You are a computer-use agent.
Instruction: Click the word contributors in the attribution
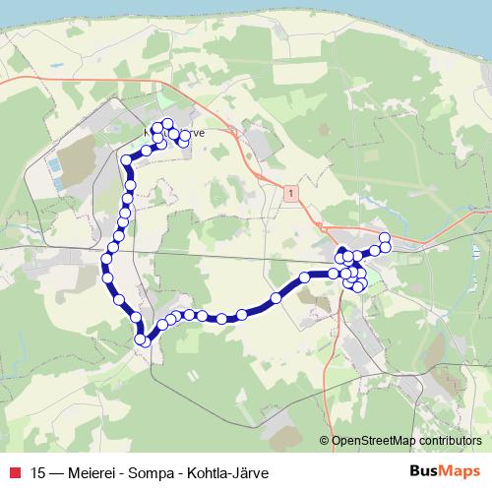pyautogui.click(x=449, y=441)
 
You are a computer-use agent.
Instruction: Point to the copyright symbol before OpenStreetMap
pyautogui.click(x=325, y=441)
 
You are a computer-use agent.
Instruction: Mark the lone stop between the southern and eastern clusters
pyautogui.click(x=276, y=297)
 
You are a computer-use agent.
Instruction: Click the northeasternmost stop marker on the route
pyautogui.click(x=385, y=237)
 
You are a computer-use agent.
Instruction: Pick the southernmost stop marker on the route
pyautogui.click(x=143, y=340)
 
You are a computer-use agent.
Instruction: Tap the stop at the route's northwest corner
pyautogui.click(x=126, y=159)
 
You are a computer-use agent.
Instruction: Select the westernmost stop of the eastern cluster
pyautogui.click(x=305, y=278)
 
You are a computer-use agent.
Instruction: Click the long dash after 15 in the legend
pyautogui.click(x=58, y=470)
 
